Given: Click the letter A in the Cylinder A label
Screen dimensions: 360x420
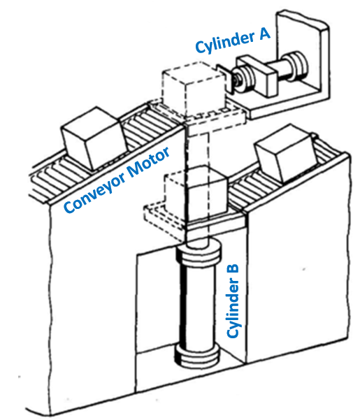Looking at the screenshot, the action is tap(264, 34).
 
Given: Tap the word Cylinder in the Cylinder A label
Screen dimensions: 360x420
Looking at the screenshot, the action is tap(224, 43).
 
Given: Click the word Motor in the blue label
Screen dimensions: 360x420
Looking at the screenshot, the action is tap(148, 162).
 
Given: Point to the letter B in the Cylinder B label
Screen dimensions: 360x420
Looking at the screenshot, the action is tap(233, 273).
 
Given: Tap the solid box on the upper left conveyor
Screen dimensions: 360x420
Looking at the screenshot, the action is tap(94, 137).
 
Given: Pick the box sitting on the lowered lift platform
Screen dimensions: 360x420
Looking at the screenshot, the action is tap(195, 193).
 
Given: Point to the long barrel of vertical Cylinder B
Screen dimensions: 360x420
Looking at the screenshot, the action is tap(199, 304).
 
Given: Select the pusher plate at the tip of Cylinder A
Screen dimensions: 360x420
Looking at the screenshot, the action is tap(224, 79).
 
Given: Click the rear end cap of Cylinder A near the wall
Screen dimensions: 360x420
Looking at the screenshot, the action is tap(296, 64).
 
